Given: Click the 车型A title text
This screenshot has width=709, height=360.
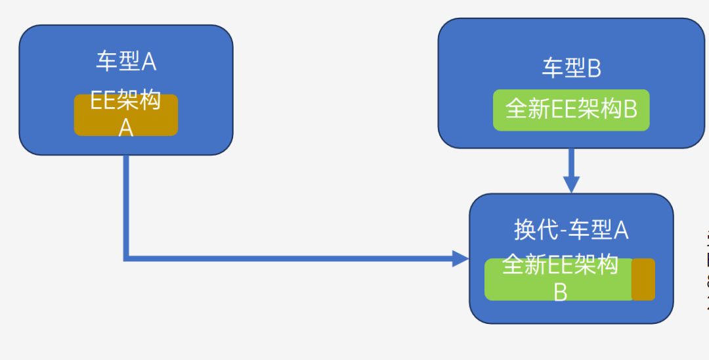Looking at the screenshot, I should coord(126,62).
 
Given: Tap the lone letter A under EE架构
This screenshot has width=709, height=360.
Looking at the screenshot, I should coord(126,128).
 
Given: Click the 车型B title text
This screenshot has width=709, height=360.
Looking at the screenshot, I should coord(571,68).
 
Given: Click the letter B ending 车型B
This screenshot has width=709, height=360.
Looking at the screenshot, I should coord(594,68).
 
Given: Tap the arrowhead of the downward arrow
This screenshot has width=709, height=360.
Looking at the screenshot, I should coord(572,185).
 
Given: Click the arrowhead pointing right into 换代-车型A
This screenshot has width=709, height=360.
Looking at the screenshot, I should coord(461,258).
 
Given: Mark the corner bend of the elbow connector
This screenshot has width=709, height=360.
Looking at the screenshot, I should coord(127,258).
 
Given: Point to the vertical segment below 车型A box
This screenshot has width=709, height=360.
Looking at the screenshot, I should coord(127,204).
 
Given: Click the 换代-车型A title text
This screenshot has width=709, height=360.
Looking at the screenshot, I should coord(571,230).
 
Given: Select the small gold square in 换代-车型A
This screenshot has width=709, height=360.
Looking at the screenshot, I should coord(643,279).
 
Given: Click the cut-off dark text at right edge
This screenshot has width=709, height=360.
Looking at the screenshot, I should coord(706,269).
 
